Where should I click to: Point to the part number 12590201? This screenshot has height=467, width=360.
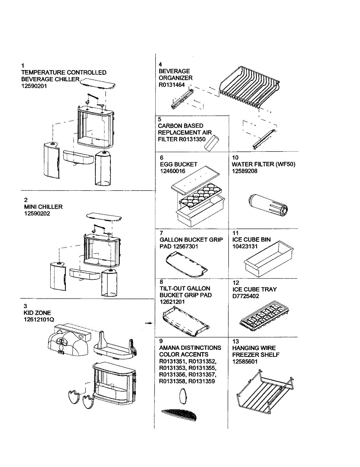click(x=34, y=86)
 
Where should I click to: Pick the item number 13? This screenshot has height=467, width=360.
click(x=235, y=341)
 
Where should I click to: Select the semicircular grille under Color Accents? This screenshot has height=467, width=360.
click(x=179, y=415)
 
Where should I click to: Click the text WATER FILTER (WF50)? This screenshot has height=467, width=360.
click(x=263, y=164)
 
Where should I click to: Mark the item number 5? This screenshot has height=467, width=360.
click(x=160, y=119)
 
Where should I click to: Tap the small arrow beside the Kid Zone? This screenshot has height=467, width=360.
click(x=148, y=323)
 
